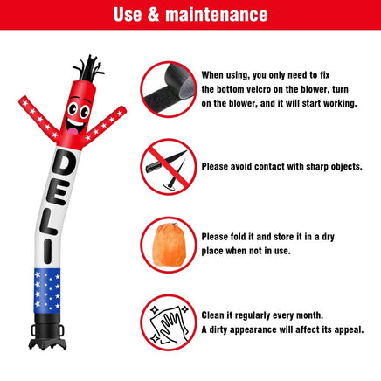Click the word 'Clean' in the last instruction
pos(217,315)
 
